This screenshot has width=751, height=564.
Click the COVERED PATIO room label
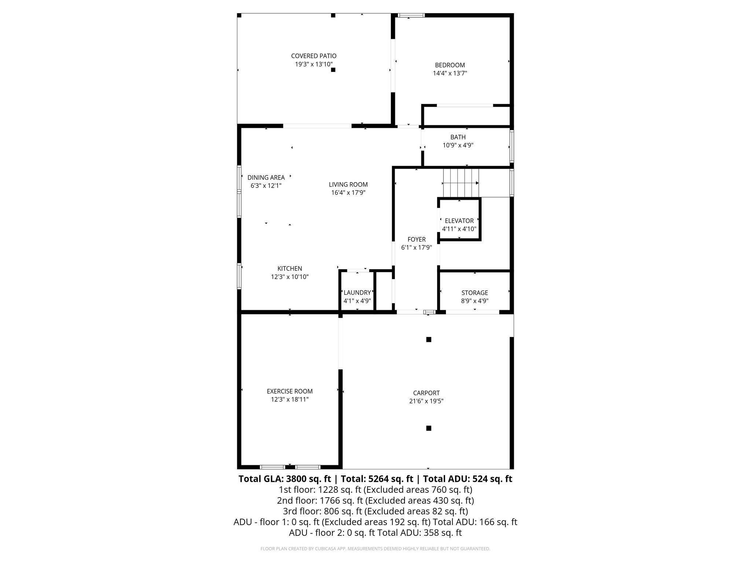(x=314, y=56)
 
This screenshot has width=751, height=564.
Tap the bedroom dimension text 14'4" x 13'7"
(x=450, y=73)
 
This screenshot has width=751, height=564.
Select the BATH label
(x=458, y=137)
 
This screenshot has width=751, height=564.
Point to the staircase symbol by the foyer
(x=461, y=183)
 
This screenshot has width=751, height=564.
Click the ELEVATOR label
(x=459, y=221)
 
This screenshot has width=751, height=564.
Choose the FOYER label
(x=416, y=239)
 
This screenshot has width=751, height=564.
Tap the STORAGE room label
(x=475, y=293)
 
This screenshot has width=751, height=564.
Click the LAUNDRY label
(x=357, y=293)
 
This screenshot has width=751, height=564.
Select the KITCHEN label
(x=290, y=269)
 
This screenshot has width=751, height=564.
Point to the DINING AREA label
(x=266, y=178)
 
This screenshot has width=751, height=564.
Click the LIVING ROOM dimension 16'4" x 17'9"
(x=348, y=192)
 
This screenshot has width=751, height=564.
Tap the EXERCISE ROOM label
(x=290, y=391)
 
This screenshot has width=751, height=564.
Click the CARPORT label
(x=426, y=393)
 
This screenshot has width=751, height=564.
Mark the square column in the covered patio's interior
(x=333, y=69)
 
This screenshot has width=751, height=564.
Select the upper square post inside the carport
(x=428, y=340)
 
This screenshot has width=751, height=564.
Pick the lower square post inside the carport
(x=428, y=428)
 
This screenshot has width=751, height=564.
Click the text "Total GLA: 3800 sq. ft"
(x=285, y=479)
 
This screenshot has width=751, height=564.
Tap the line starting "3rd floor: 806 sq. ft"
(x=375, y=511)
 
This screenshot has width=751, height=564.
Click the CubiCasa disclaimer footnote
(x=375, y=549)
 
